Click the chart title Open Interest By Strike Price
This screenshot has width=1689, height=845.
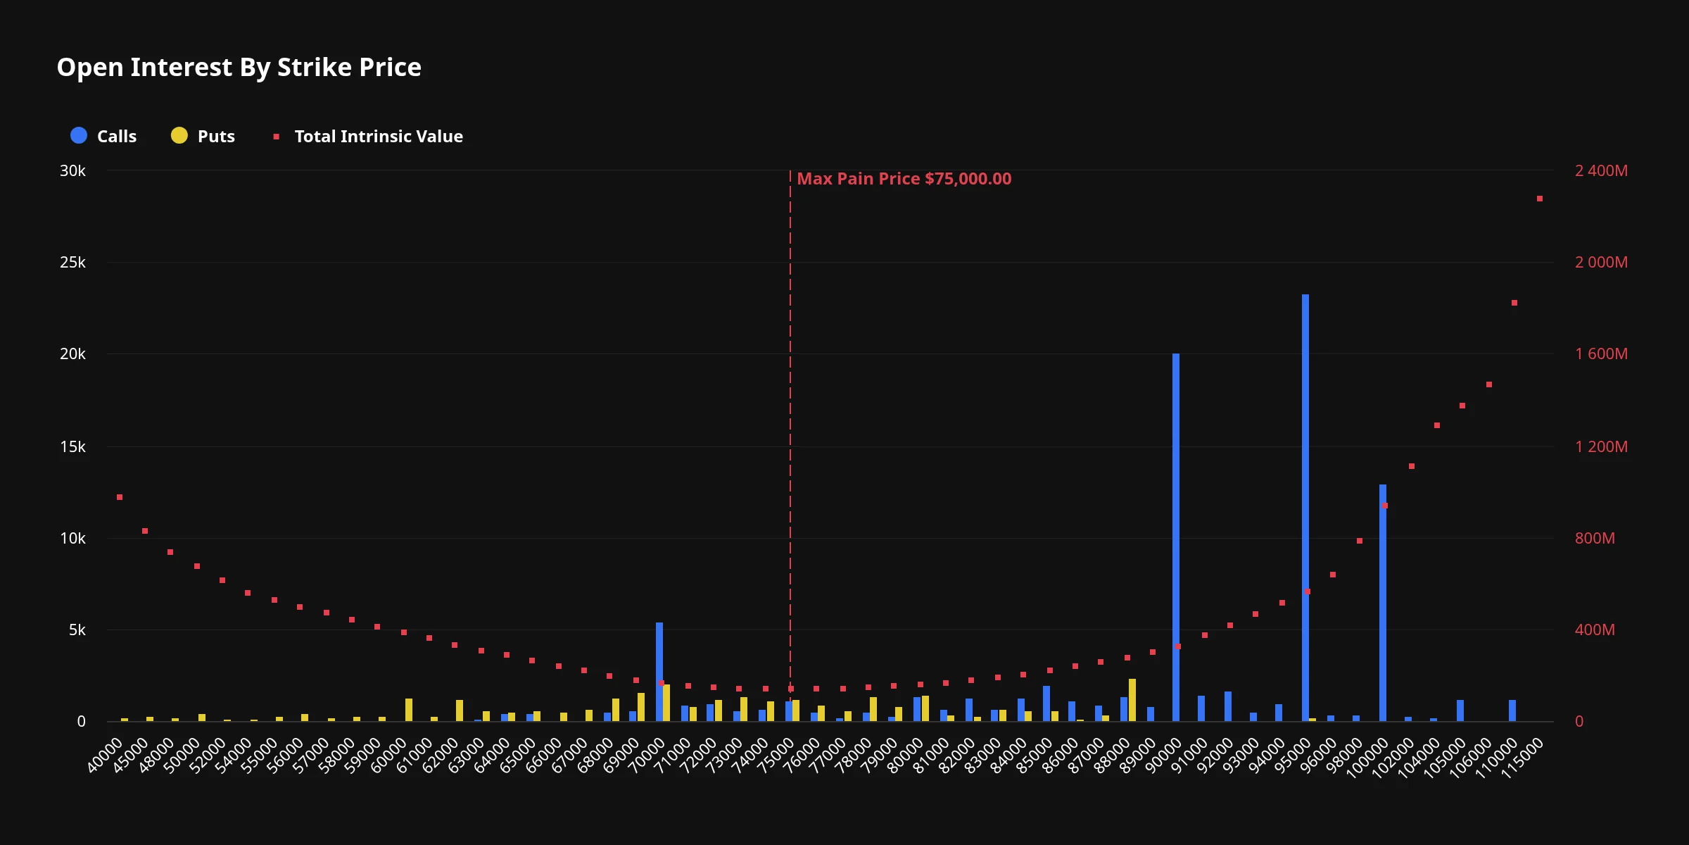[x=239, y=68]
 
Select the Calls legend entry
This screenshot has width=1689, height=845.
[x=104, y=136]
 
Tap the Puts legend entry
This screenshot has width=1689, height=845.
[x=203, y=136]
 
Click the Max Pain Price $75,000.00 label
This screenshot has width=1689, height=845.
[x=904, y=179]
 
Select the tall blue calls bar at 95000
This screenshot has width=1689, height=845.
[x=1305, y=508]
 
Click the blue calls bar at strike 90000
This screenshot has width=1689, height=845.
[x=1176, y=537]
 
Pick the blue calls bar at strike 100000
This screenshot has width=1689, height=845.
[x=1383, y=603]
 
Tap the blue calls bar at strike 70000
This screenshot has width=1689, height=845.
[x=659, y=672]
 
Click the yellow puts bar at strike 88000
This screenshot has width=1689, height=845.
[x=1132, y=700]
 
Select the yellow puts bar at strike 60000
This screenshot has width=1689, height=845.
[x=409, y=710]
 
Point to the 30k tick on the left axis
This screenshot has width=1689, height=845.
[x=72, y=171]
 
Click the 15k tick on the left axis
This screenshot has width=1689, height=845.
[x=72, y=447]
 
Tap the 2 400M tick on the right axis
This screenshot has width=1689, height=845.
[x=1601, y=171]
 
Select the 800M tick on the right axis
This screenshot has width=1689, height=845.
[x=1595, y=539]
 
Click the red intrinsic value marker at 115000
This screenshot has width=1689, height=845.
[x=1540, y=199]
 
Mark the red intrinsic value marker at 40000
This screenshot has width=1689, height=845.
[x=120, y=497]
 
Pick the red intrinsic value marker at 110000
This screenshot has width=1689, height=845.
[x=1514, y=303]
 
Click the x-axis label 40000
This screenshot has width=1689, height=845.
[x=105, y=755]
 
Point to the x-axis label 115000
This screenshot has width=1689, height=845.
[x=1522, y=758]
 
